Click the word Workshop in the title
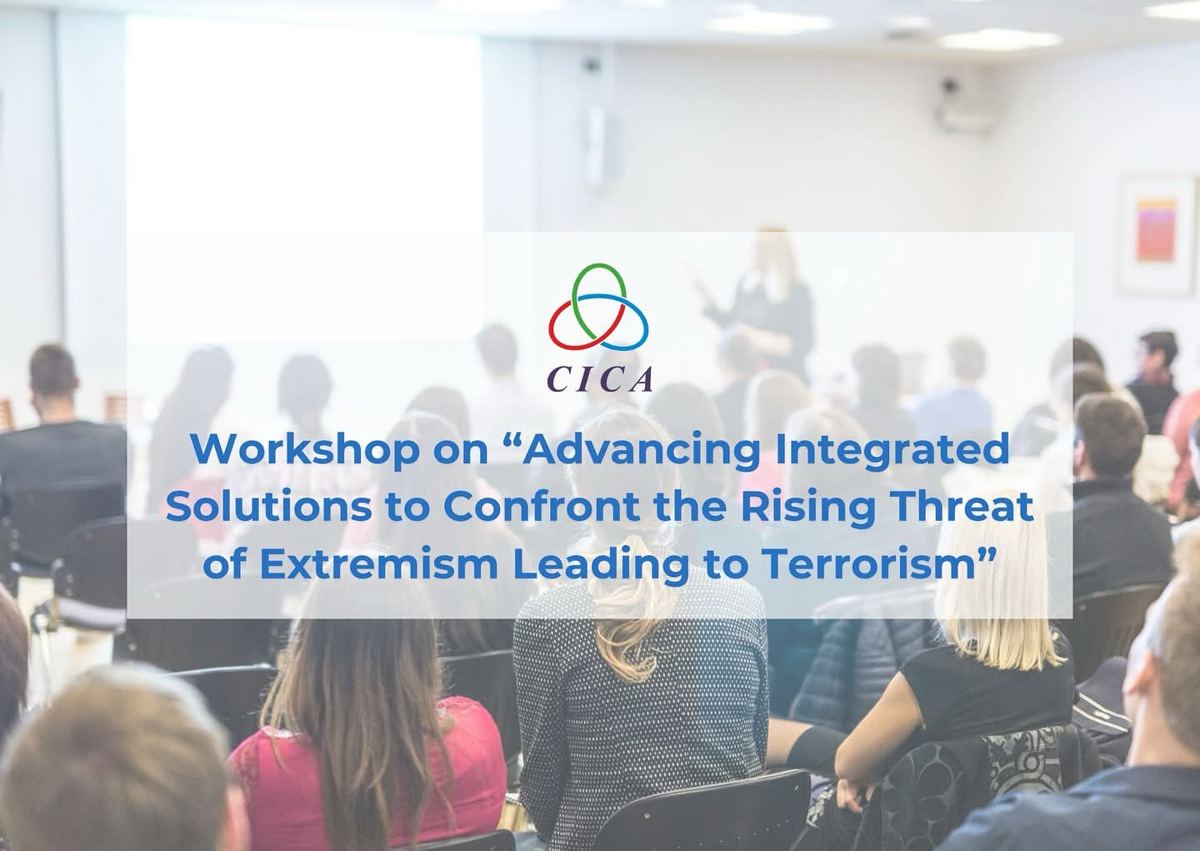(x=305, y=449)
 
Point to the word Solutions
(x=268, y=506)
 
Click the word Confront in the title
(x=541, y=506)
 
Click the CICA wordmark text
(x=600, y=379)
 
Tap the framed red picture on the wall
(x=1157, y=234)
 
